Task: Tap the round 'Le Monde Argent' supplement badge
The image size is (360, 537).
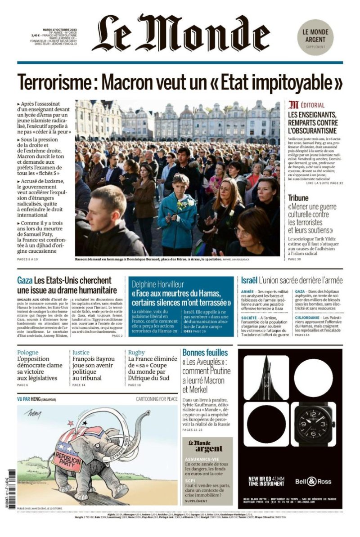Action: click(x=315, y=37)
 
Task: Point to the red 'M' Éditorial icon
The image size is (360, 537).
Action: click(x=293, y=105)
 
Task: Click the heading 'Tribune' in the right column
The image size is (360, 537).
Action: click(x=298, y=198)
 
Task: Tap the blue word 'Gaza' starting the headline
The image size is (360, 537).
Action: click(x=25, y=281)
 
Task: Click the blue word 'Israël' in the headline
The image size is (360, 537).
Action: click(x=249, y=280)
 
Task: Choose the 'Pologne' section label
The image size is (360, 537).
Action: click(x=28, y=353)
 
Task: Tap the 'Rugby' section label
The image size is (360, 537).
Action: click(x=136, y=353)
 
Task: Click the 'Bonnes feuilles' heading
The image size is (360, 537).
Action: click(x=205, y=353)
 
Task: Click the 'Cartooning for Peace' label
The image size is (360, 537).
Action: click(x=157, y=399)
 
